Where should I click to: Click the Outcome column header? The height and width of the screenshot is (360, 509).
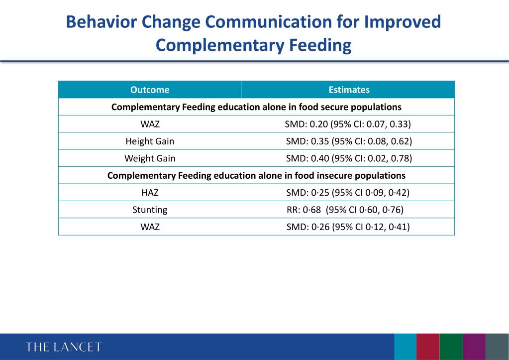pyautogui.click(x=150, y=90)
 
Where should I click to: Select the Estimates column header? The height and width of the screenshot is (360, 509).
pyautogui.click(x=349, y=90)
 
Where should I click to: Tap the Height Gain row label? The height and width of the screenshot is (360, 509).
pyautogui.click(x=150, y=141)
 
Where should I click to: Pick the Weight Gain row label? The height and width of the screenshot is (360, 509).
pyautogui.click(x=150, y=158)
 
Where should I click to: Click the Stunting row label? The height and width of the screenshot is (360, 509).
pyautogui.click(x=150, y=210)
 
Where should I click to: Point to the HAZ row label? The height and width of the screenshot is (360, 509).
pyautogui.click(x=150, y=193)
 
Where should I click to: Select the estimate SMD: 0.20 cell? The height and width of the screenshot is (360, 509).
pyautogui.click(x=348, y=124)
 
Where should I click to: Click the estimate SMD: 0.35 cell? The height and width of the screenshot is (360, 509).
pyautogui.click(x=349, y=141)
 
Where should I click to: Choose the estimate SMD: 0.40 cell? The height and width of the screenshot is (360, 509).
pyautogui.click(x=349, y=158)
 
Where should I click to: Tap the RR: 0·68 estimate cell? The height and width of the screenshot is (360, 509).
pyautogui.click(x=341, y=210)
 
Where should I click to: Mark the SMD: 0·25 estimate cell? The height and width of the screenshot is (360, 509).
pyautogui.click(x=348, y=193)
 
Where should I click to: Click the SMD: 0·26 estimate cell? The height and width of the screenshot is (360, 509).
pyautogui.click(x=348, y=227)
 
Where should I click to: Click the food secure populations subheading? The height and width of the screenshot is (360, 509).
pyautogui.click(x=256, y=107)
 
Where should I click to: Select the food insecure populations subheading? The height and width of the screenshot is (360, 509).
pyautogui.click(x=256, y=175)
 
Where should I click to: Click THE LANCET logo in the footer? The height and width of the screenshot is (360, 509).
pyautogui.click(x=64, y=347)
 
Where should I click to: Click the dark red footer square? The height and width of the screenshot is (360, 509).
pyautogui.click(x=428, y=347)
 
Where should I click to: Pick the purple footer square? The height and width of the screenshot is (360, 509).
pyautogui.click(x=474, y=347)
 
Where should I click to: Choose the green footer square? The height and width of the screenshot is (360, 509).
pyautogui.click(x=451, y=347)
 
